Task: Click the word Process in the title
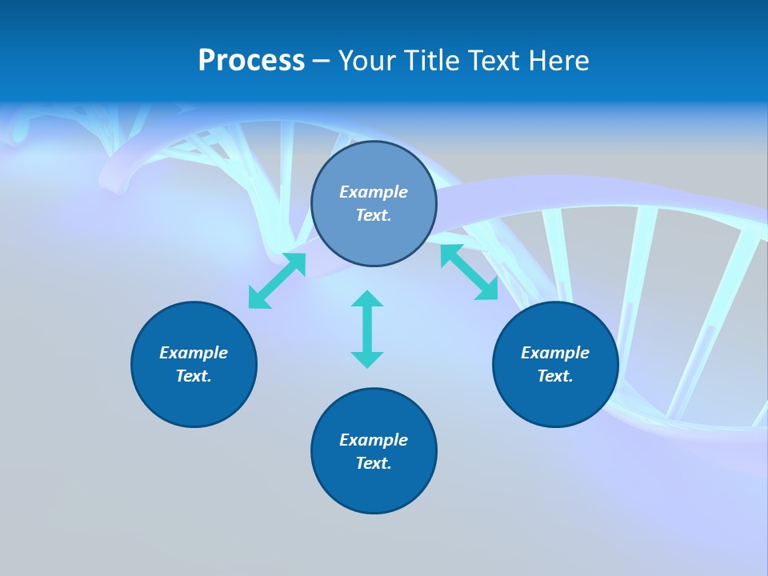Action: tap(251, 61)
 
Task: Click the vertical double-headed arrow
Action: tap(367, 329)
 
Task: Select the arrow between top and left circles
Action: tap(277, 281)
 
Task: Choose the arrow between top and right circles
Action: tap(470, 272)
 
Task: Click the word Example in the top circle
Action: tap(374, 192)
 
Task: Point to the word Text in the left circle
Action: tap(194, 376)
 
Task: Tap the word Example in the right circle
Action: tap(555, 353)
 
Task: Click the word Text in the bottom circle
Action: tap(374, 463)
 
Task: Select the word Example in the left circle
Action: tap(194, 353)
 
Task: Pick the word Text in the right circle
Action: tap(555, 376)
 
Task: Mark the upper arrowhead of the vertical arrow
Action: tap(367, 298)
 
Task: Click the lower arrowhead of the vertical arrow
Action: tap(367, 359)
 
